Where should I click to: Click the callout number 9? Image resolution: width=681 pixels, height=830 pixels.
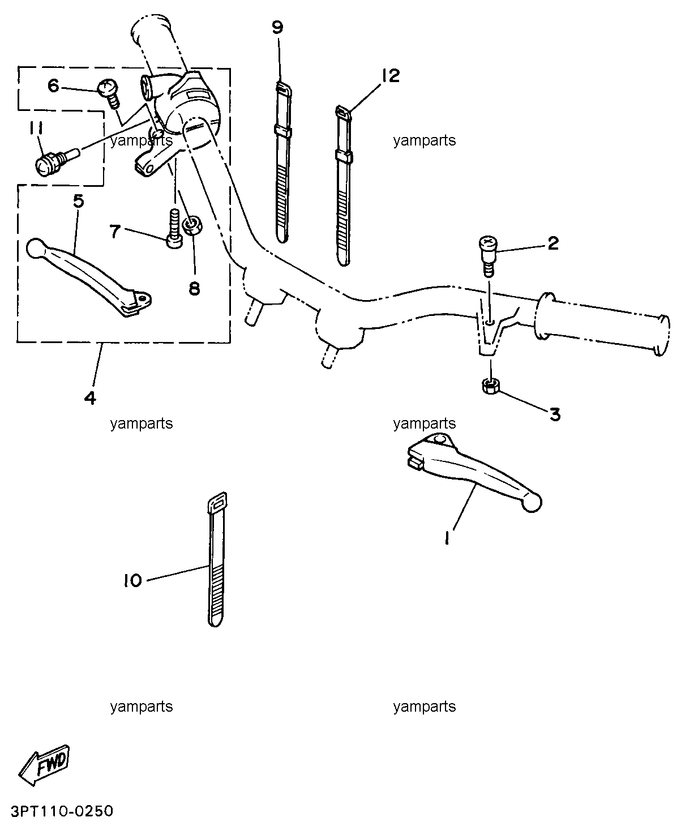click(277, 28)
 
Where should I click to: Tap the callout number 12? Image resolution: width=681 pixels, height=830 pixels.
click(390, 76)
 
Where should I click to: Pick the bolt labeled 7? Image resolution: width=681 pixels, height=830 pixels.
click(174, 229)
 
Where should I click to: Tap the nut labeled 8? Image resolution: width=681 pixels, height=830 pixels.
click(192, 225)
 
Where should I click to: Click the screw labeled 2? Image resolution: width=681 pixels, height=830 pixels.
click(488, 256)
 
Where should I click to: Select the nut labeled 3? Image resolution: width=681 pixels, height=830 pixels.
click(491, 386)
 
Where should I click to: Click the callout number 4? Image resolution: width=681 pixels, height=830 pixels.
click(90, 398)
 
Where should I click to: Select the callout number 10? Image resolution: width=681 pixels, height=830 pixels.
click(132, 580)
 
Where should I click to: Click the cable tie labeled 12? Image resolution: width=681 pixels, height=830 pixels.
click(343, 185)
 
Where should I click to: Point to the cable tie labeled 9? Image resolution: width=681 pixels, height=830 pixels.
click(283, 161)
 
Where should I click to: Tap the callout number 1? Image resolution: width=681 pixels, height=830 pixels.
click(447, 538)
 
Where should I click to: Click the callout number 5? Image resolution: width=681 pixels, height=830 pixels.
click(79, 201)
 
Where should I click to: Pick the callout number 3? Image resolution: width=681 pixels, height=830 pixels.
click(555, 414)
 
